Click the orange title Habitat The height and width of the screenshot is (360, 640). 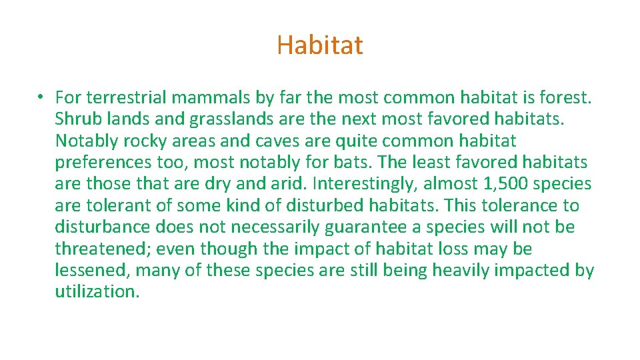[320, 45]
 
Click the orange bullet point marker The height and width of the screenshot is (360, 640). [41, 97]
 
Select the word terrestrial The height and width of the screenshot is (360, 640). [126, 97]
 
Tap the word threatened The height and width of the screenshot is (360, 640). [104, 249]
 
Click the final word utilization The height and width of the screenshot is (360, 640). [97, 292]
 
